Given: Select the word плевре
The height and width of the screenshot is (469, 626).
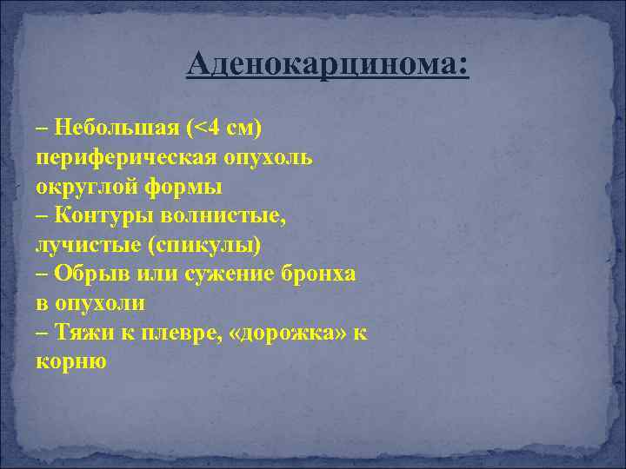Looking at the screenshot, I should click(177, 332).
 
